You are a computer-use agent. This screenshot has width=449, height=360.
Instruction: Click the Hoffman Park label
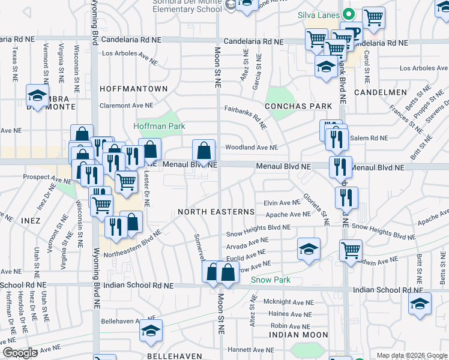(x=159, y=126)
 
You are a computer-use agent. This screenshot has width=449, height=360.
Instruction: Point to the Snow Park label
(x=271, y=280)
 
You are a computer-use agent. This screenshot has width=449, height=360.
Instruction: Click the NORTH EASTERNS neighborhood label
(x=216, y=212)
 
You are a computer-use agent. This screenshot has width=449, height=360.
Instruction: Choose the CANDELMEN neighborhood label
(x=381, y=92)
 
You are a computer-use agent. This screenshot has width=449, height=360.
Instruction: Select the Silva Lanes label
(x=319, y=14)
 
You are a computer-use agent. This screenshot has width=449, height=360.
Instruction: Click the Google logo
(x=20, y=353)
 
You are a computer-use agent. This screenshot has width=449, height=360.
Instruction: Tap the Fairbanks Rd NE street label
(x=246, y=114)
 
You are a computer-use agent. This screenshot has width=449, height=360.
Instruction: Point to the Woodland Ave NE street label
(x=252, y=147)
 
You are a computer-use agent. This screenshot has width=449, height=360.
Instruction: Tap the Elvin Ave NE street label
(x=282, y=203)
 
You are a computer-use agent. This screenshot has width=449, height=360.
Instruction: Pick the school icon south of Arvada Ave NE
(x=309, y=250)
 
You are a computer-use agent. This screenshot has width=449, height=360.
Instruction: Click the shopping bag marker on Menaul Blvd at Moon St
(x=204, y=152)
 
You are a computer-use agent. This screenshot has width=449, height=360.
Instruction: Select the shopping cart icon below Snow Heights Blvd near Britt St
(x=351, y=251)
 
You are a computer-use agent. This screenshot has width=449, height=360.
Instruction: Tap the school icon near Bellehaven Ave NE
(x=151, y=329)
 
